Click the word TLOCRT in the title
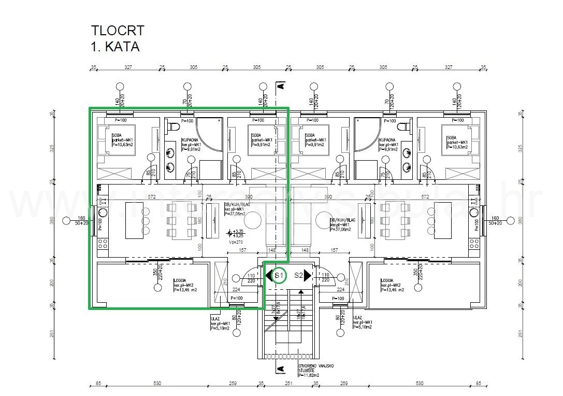(x=117, y=31)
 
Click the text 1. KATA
(x=115, y=47)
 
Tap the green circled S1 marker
(x=279, y=276)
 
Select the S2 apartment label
(x=298, y=276)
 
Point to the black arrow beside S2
(x=308, y=276)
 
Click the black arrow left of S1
(x=268, y=276)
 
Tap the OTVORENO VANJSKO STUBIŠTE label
(x=316, y=369)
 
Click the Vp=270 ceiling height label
(x=236, y=242)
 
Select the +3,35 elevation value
(x=239, y=231)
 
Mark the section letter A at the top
(x=280, y=86)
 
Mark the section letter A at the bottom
(x=280, y=369)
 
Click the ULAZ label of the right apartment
(x=357, y=317)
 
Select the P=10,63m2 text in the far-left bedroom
(x=124, y=146)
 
